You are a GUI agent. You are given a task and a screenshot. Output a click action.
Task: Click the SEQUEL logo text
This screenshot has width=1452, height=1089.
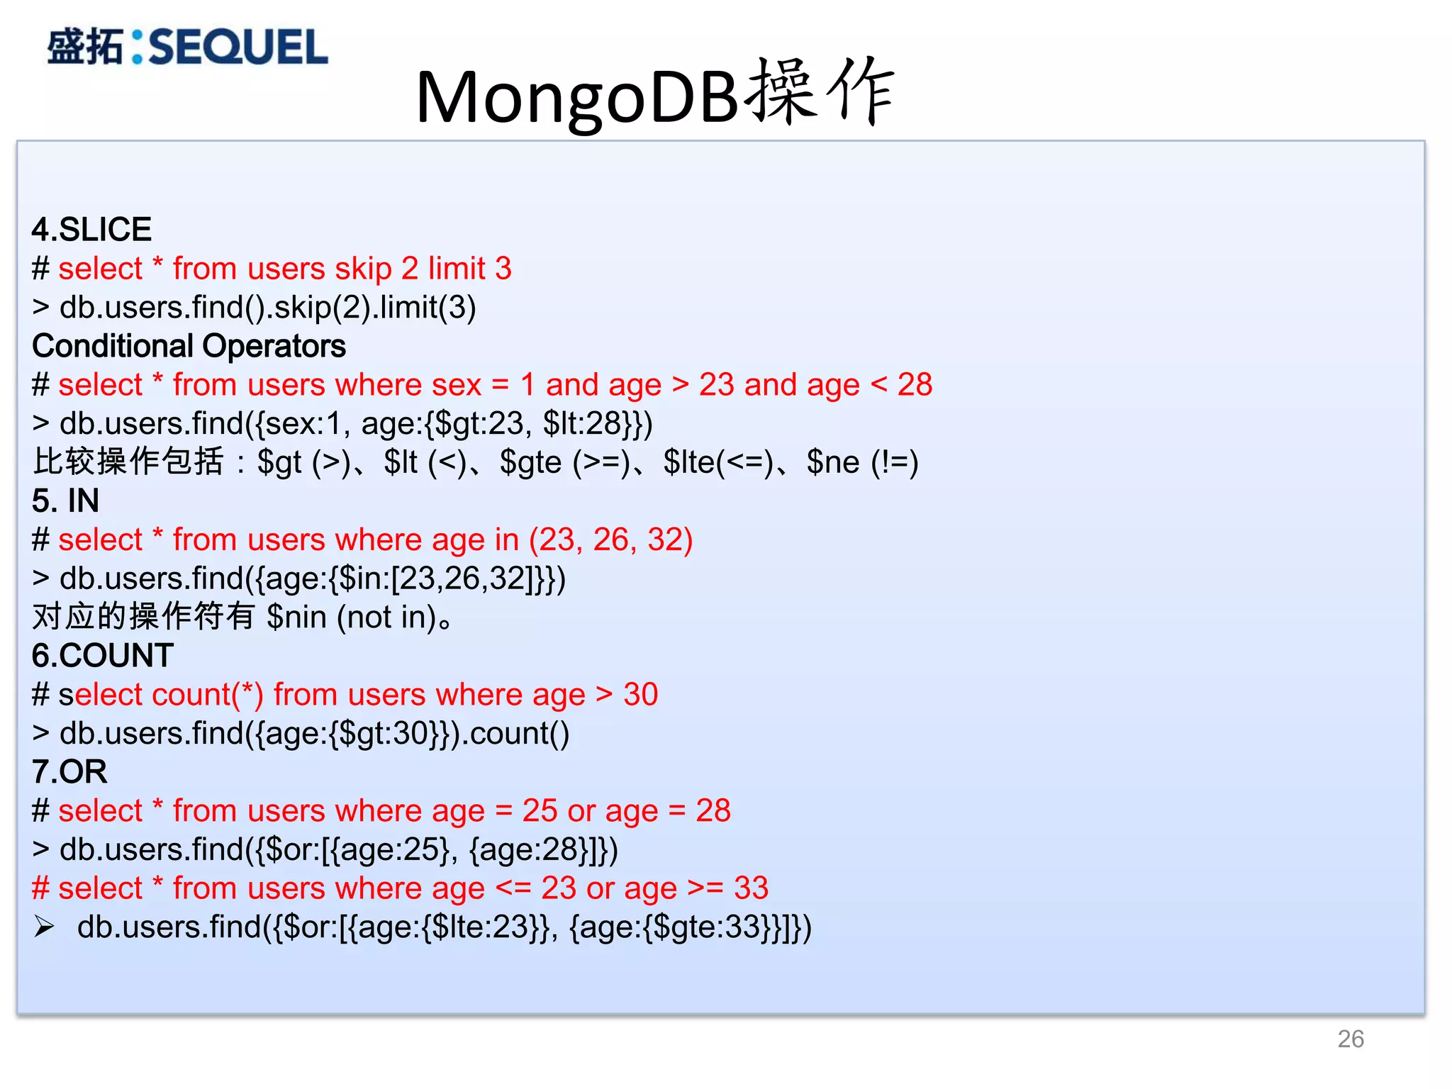click(x=238, y=48)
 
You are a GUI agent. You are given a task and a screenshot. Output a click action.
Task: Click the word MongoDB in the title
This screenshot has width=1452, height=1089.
click(x=578, y=98)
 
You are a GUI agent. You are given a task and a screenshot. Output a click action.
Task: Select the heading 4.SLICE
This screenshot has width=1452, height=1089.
click(x=91, y=230)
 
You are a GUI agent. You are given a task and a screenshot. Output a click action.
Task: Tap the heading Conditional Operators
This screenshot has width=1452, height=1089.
click(x=189, y=346)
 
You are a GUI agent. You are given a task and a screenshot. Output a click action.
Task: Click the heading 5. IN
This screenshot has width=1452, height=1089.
click(x=65, y=501)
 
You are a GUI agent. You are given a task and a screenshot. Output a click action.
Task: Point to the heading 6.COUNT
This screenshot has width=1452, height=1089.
click(x=103, y=655)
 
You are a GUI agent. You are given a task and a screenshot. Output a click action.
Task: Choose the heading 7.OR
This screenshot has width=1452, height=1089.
click(x=69, y=771)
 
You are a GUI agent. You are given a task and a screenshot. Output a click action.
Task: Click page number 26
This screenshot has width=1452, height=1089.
click(x=1350, y=1039)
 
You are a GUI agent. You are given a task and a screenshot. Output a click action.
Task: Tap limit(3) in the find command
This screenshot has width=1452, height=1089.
click(x=428, y=308)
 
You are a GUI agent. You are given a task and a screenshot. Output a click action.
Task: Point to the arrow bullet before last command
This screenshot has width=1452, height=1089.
click(x=44, y=927)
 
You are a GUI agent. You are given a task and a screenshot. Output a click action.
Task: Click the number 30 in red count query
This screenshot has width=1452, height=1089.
click(x=640, y=694)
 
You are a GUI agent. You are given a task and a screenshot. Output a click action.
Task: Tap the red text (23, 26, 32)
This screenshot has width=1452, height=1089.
click(x=610, y=540)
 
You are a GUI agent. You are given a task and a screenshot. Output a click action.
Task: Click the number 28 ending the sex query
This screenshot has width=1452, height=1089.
click(x=915, y=385)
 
